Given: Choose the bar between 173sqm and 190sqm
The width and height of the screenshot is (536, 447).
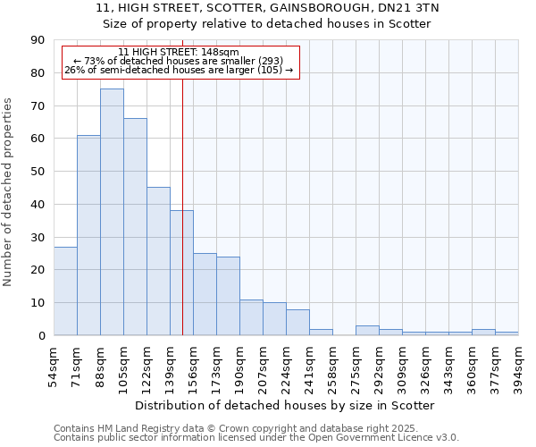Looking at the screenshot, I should coord(228,296).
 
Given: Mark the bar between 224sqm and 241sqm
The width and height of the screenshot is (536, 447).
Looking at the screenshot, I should coord(297,322).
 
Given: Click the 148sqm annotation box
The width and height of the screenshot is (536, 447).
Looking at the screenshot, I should coord(180,62).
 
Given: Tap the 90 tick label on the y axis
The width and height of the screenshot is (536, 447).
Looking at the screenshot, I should coord(38,40).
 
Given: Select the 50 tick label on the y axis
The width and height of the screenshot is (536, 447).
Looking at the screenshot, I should coord(38,172).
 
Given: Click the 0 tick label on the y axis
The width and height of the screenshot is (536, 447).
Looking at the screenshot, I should coord(41,335).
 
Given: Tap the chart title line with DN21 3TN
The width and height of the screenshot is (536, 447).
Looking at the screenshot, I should coord(268,8).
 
